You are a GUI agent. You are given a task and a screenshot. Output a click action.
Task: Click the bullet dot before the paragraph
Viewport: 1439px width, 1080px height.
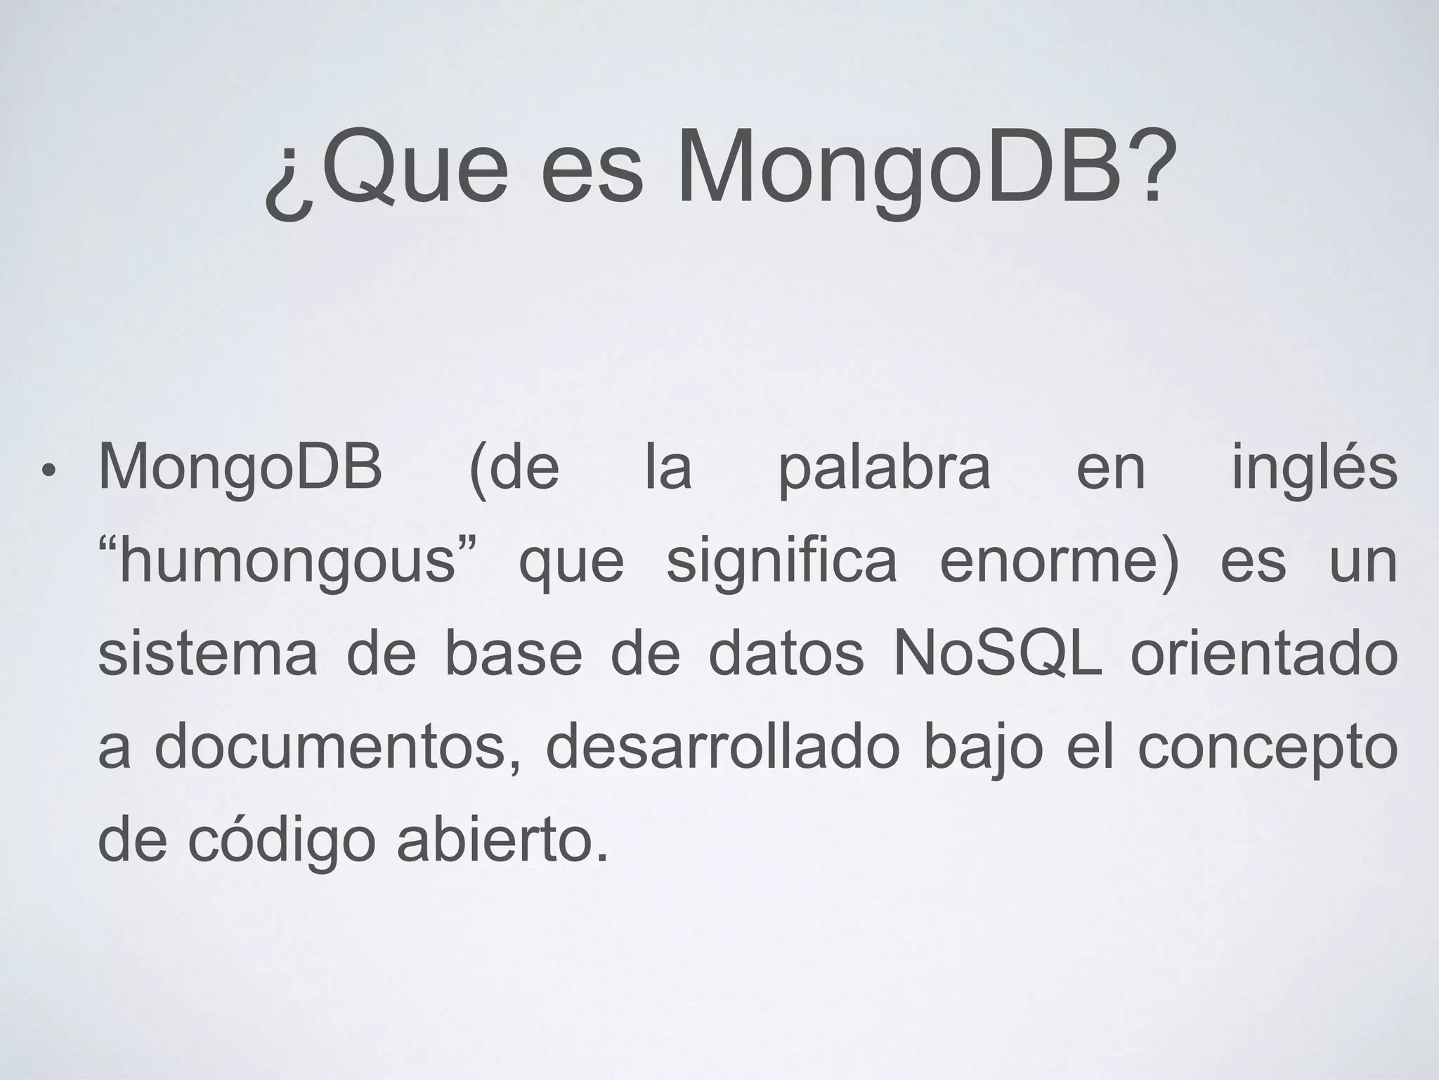47,470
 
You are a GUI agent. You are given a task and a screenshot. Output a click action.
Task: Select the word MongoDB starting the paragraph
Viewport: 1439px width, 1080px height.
240,468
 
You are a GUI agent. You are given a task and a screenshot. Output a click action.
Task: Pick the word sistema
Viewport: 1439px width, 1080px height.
208,654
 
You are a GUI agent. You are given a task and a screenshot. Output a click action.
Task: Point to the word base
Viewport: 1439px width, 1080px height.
513,654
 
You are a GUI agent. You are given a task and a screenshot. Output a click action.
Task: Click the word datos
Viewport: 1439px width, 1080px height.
786,654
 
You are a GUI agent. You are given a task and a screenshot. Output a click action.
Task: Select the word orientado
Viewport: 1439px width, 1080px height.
1264,654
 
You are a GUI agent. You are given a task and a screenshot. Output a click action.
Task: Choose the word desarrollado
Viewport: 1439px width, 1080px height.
722,747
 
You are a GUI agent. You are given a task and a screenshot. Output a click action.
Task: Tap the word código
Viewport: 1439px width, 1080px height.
282,841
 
